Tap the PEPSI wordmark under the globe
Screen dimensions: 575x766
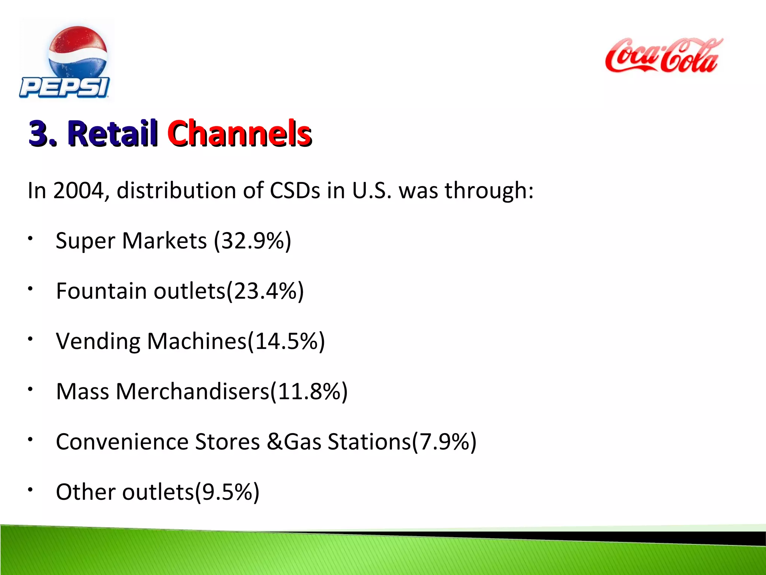(x=64, y=88)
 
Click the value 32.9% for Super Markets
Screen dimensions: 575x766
(x=252, y=241)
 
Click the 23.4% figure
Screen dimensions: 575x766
(x=265, y=291)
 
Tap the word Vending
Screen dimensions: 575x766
(x=98, y=341)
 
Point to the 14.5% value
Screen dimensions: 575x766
(x=287, y=341)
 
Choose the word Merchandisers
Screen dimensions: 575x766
(x=192, y=392)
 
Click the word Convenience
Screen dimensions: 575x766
(x=122, y=442)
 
